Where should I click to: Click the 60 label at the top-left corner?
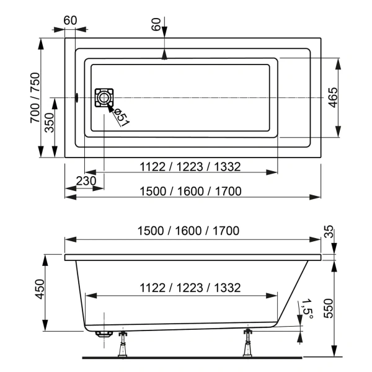click(69, 20)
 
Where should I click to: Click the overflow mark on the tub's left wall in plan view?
click(76, 98)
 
